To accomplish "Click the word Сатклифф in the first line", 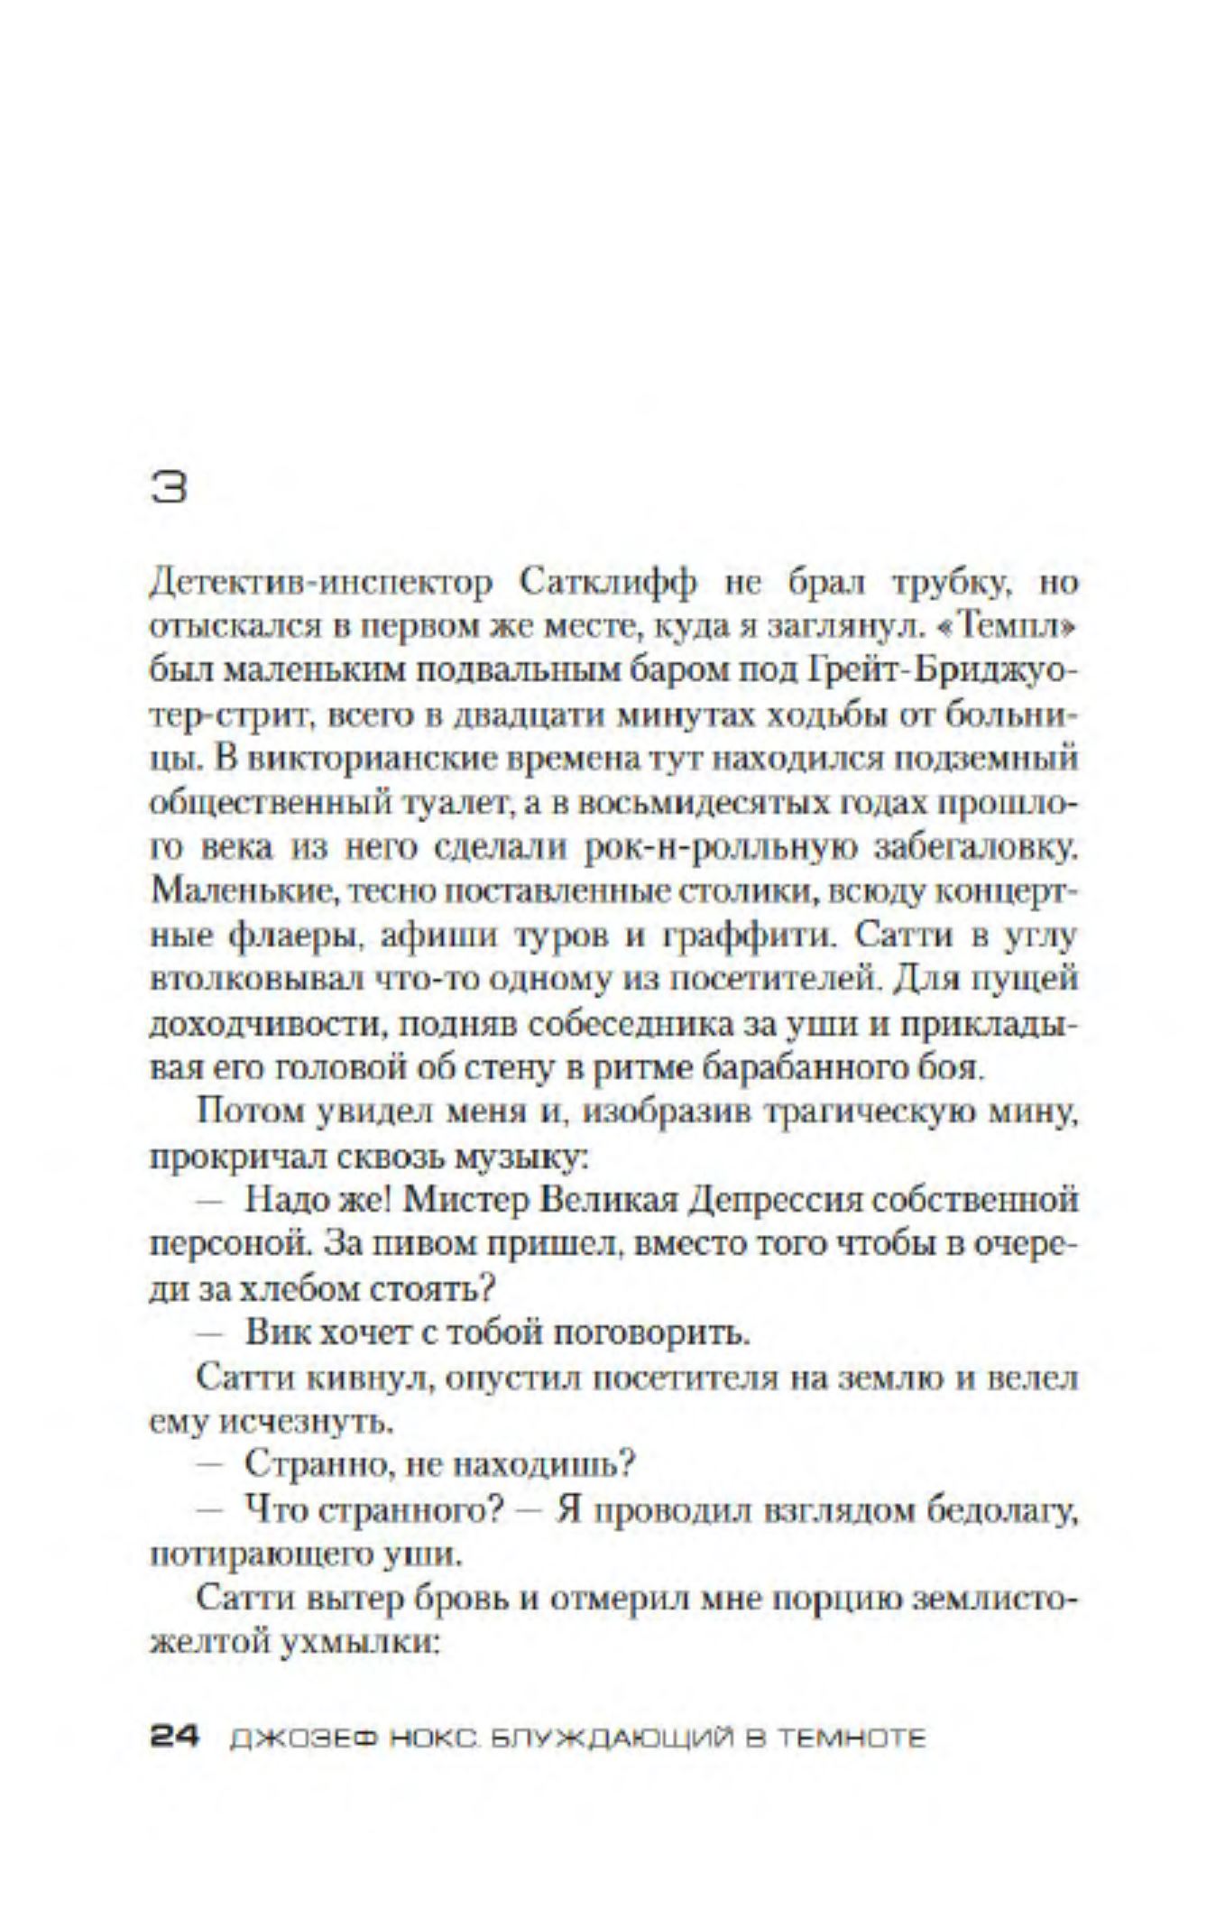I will [x=608, y=585].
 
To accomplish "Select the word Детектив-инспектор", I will [x=321, y=585].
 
